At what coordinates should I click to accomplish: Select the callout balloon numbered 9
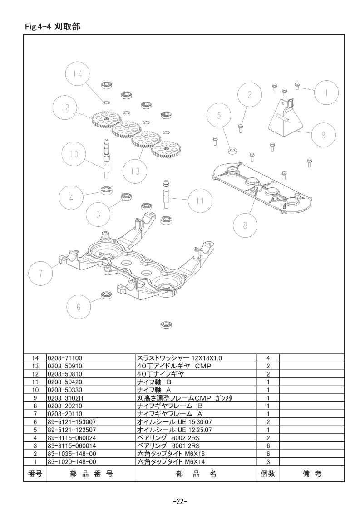pos(323,135)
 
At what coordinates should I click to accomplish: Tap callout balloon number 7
pos(40,274)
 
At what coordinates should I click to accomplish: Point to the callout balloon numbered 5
pos(219,116)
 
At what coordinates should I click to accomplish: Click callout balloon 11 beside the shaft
pos(200,201)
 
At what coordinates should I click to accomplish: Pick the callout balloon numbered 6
pos(79,307)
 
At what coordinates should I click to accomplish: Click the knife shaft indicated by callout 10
pos(106,157)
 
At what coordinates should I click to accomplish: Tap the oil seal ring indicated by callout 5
pos(232,151)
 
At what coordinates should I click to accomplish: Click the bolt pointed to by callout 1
pos(296,86)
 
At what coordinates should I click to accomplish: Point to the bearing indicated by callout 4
pos(106,190)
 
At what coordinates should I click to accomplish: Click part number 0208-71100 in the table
pos(65,358)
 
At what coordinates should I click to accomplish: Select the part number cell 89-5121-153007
pos(72,422)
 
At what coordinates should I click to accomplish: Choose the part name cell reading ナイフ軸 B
pos(154,382)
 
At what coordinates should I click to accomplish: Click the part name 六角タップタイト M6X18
pos(171,454)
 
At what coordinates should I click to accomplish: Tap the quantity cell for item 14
pos(268,358)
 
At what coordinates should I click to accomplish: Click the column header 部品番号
pos(91,474)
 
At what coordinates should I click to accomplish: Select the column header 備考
pos(312,474)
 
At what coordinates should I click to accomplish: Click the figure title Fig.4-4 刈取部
pos(53,27)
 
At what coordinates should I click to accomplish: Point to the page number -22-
pos(180,501)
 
